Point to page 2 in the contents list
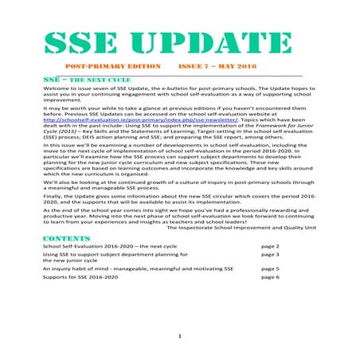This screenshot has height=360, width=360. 271,248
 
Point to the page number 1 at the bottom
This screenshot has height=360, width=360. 180,336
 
